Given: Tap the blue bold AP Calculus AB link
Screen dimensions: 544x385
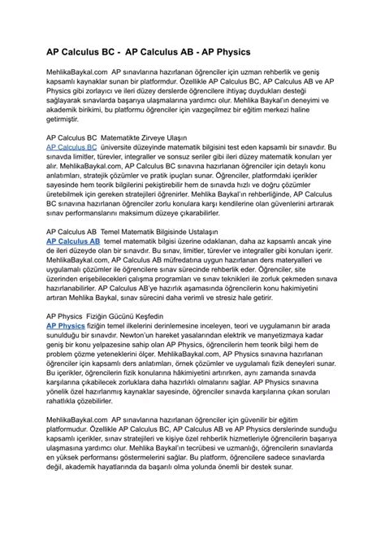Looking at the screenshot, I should click(x=73, y=242).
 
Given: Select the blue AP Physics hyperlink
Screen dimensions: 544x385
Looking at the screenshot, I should click(x=66, y=325).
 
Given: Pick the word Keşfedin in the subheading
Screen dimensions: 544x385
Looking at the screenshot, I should click(x=162, y=315).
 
